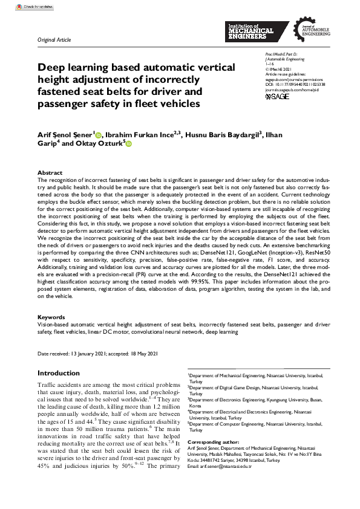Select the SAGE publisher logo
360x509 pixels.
tap(278, 96)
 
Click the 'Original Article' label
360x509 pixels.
tap(54, 39)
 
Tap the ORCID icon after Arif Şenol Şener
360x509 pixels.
tap(99, 134)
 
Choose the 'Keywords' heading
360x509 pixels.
tap(51, 317)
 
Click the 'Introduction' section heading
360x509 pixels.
tap(58, 373)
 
